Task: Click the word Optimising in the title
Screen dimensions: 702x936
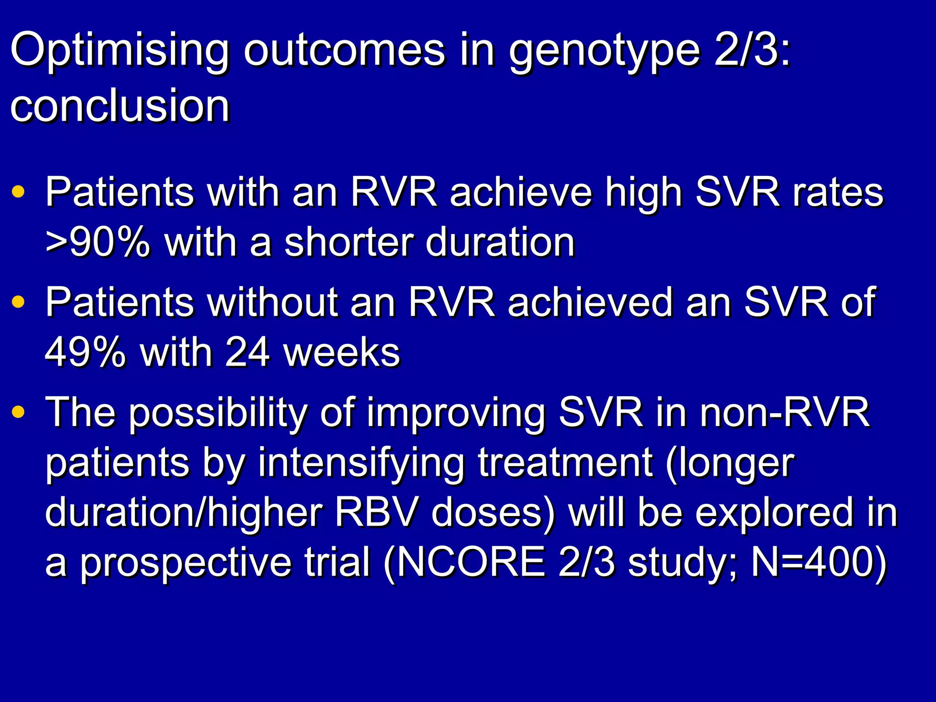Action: point(119,51)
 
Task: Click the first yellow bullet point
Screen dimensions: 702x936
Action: point(18,191)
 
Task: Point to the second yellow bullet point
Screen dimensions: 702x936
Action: point(18,302)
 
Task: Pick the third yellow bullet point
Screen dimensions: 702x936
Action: point(18,412)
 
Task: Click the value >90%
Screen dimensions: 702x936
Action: point(97,242)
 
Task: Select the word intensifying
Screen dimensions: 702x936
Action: point(361,463)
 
